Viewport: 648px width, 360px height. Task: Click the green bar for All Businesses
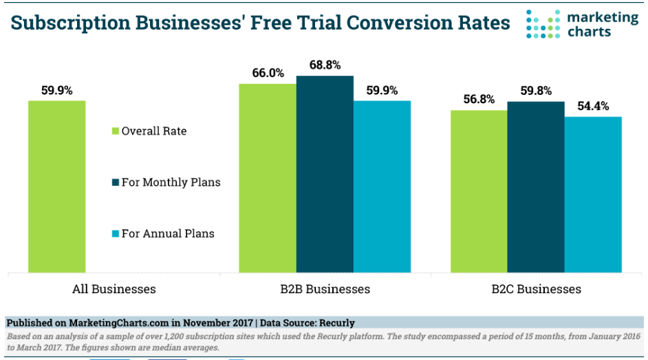pyautogui.click(x=57, y=187)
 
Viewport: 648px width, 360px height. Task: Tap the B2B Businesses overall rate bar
pyautogui.click(x=268, y=178)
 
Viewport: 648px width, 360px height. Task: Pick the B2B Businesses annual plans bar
pyautogui.click(x=382, y=187)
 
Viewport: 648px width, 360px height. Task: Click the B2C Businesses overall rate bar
pyautogui.click(x=479, y=191)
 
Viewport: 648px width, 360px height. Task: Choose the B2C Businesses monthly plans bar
pyautogui.click(x=536, y=187)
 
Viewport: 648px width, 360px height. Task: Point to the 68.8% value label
pyautogui.click(x=325, y=65)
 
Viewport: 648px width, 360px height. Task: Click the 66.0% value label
pyautogui.click(x=268, y=73)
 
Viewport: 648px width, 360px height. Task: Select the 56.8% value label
pyautogui.click(x=479, y=99)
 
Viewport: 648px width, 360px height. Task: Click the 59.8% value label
pyautogui.click(x=537, y=90)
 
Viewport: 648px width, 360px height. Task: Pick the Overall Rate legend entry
pyautogui.click(x=149, y=131)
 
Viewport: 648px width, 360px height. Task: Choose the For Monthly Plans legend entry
pyautogui.click(x=166, y=182)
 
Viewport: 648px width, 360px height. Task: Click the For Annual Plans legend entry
pyautogui.click(x=163, y=233)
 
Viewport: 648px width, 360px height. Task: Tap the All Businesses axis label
pyautogui.click(x=114, y=289)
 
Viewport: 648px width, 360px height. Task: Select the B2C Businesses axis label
pyautogui.click(x=536, y=289)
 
